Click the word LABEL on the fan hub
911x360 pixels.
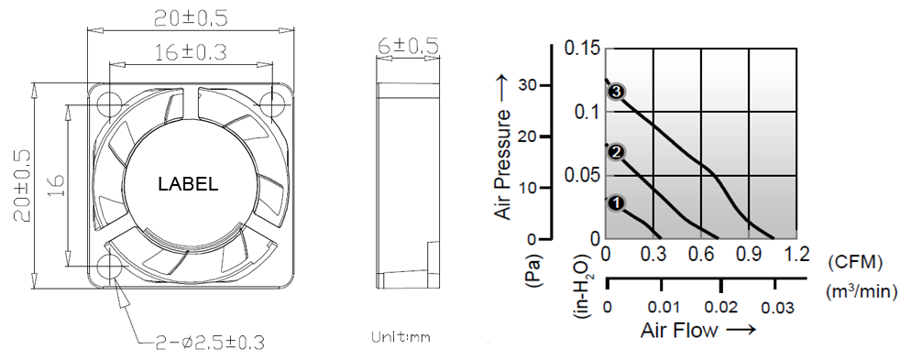[188, 185]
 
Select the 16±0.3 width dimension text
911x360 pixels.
[191, 52]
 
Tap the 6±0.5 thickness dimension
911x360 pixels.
[408, 46]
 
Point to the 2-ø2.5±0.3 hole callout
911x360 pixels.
[210, 343]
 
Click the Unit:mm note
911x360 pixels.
[401, 337]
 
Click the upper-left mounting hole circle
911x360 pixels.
[109, 104]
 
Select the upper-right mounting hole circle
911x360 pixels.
[271, 104]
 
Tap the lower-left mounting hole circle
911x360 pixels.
[109, 267]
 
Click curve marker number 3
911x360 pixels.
[617, 92]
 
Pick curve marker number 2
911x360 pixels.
[616, 152]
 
